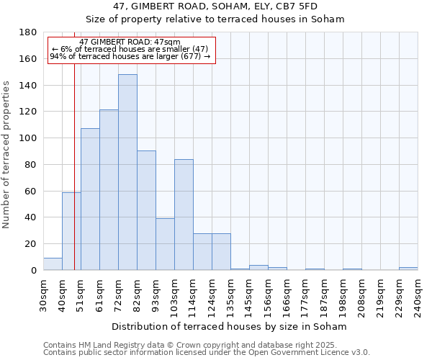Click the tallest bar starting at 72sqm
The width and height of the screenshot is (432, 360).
click(127, 173)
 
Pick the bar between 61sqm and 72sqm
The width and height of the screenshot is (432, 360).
click(109, 190)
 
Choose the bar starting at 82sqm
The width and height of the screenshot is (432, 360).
click(146, 210)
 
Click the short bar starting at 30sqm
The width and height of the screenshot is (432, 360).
click(53, 264)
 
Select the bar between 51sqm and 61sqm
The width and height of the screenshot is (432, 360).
click(90, 199)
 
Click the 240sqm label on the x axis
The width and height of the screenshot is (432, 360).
click(418, 294)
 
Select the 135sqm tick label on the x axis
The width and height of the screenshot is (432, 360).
click(230, 294)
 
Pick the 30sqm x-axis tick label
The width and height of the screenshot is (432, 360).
click(43, 294)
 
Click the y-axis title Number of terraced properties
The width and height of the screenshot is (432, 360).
click(7, 155)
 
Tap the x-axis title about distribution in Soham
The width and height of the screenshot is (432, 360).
click(230, 326)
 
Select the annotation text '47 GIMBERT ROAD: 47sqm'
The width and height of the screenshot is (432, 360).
click(130, 42)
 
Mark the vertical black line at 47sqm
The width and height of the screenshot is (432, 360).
click(74, 180)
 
